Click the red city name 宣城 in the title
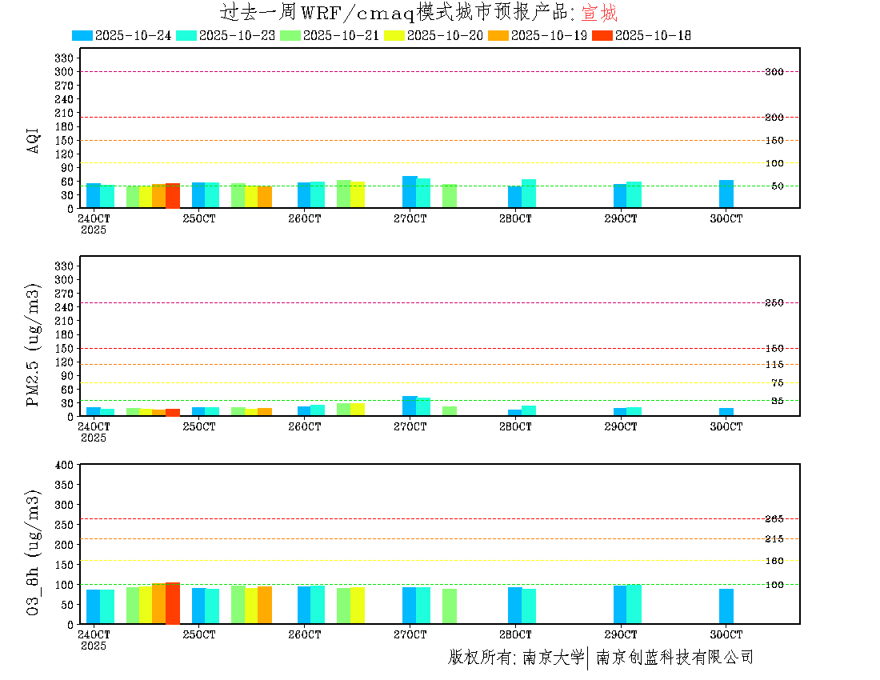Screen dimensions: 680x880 point(598,13)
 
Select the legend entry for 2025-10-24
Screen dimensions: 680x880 point(122,35)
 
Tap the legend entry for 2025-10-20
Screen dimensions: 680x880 point(434,35)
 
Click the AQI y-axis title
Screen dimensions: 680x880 point(34,138)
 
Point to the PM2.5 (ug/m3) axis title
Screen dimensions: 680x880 point(34,345)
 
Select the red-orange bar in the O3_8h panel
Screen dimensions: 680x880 point(173,602)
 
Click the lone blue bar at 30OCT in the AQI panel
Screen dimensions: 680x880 point(726,194)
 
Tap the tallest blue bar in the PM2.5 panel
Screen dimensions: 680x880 point(410,406)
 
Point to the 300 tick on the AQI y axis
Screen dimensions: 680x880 point(65,72)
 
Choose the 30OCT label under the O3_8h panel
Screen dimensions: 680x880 point(726,634)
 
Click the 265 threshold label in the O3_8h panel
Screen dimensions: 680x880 point(774,519)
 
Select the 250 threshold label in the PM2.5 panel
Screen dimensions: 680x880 point(774,303)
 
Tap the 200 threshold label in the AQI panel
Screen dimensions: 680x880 point(774,118)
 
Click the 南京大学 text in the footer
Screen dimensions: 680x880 point(553,658)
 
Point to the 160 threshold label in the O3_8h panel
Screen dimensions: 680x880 point(774,561)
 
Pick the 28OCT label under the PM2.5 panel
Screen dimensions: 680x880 point(515,427)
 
